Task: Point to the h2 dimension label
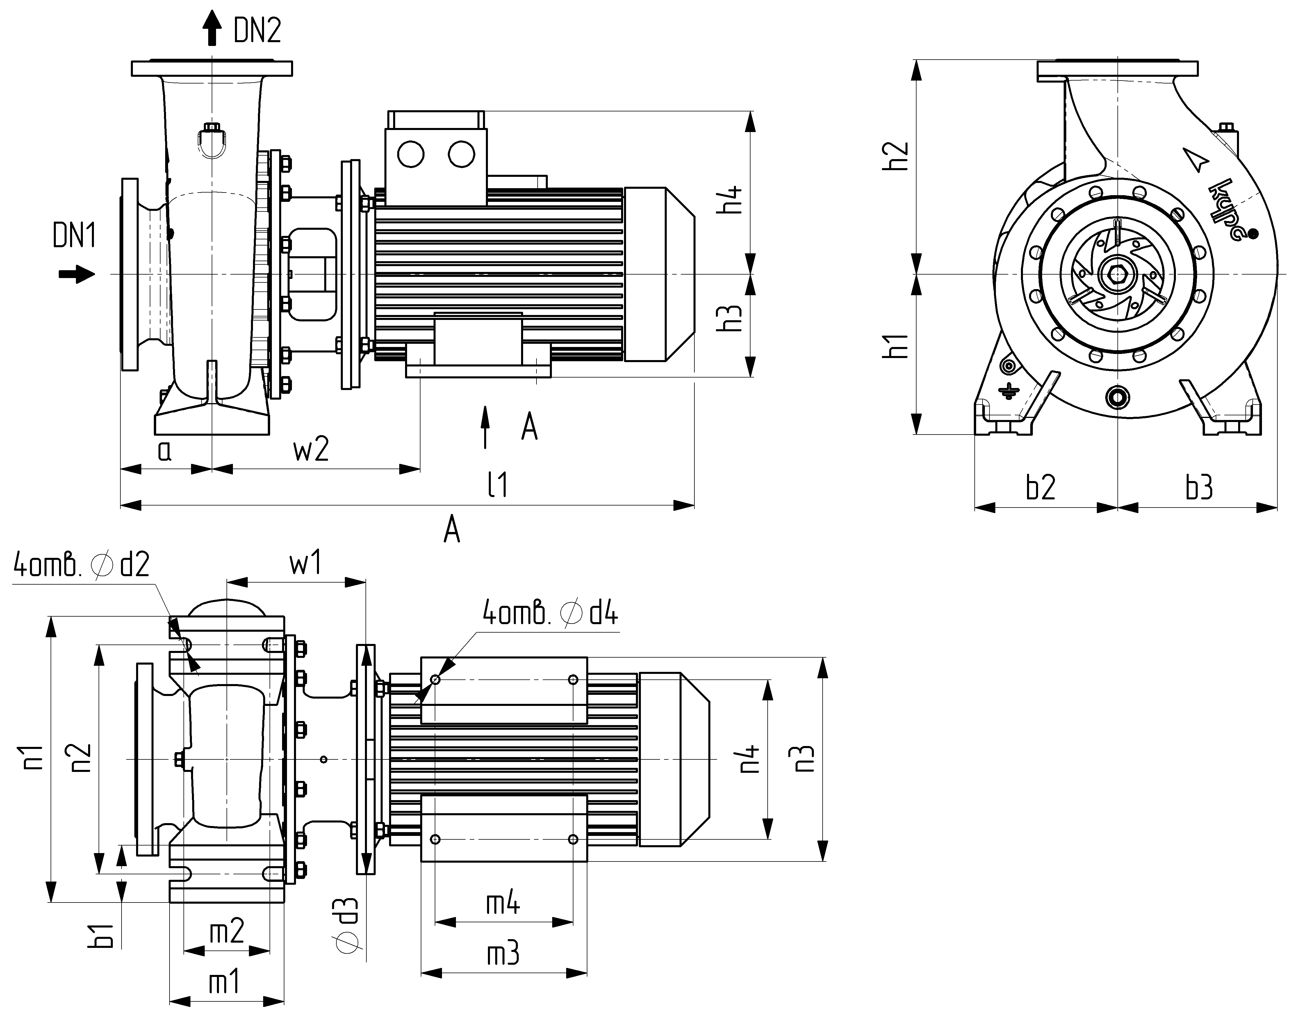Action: [896, 156]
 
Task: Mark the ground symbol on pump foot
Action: [1009, 391]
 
